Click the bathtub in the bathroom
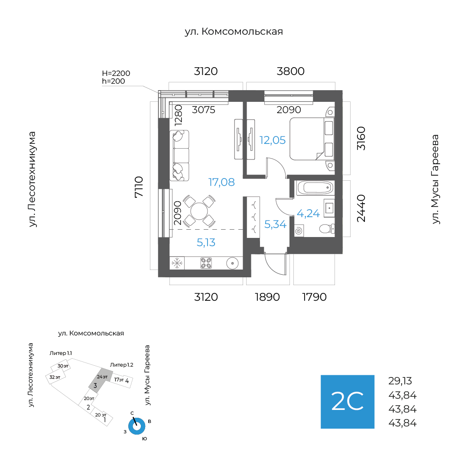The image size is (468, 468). [315, 188]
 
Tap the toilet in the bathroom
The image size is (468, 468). [325, 228]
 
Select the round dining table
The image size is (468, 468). [199, 211]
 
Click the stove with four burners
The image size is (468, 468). [206, 263]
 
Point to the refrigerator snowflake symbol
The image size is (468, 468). [177, 263]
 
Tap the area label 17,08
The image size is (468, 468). [221, 182]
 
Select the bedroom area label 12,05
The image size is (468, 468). [273, 140]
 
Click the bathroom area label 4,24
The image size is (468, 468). [308, 213]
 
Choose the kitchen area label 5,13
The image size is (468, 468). [206, 243]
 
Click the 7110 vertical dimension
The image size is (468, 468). [139, 187]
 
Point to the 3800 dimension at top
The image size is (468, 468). [290, 71]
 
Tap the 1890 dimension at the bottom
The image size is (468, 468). [267, 297]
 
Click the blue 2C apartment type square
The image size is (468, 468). [347, 402]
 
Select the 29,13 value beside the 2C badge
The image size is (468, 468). [400, 381]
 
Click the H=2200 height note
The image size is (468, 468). [116, 73]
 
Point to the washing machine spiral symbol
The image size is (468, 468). [299, 231]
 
